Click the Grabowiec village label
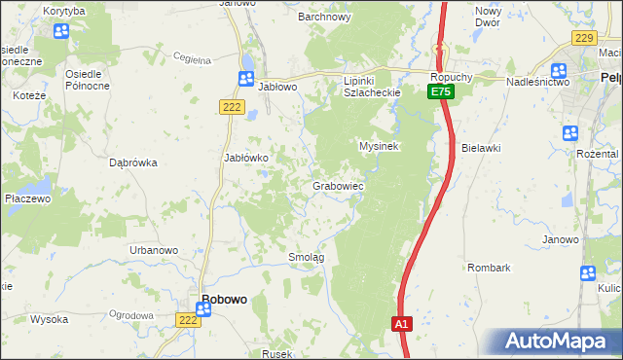point(338,185)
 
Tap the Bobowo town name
point(223,300)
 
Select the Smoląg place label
point(306,257)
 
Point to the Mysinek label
point(380,145)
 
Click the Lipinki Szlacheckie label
point(372,86)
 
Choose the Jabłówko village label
point(253,157)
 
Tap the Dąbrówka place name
point(134,162)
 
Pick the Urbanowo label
point(154,250)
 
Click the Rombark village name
point(489,267)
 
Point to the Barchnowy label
point(324,17)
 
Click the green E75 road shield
point(441,91)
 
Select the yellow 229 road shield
point(584,38)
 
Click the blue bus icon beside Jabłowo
point(246,79)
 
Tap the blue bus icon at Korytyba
point(61,30)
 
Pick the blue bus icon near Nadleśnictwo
point(559,70)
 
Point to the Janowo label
point(561,239)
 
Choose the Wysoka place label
point(49,319)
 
